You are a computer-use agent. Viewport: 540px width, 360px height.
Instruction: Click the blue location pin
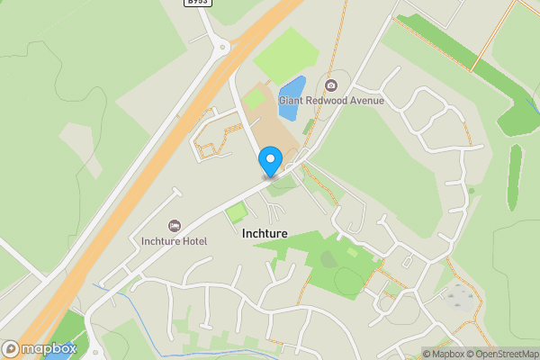tap(270, 162)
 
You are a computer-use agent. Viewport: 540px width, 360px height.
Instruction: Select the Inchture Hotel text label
tap(175, 241)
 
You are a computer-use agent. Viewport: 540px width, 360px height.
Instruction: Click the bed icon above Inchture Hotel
tap(175, 225)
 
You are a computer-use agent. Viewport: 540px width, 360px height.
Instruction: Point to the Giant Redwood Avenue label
tap(331, 101)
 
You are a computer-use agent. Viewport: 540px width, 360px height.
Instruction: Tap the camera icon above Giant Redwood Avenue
tap(331, 85)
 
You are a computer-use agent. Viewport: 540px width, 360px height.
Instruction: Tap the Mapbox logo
tap(40, 348)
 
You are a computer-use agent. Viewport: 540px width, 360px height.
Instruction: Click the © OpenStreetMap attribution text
tap(500, 353)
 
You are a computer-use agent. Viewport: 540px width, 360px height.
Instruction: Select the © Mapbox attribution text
tap(442, 353)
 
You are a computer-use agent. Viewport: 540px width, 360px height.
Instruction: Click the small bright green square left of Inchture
tap(236, 213)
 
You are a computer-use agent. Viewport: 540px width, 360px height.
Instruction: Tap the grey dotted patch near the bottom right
tap(460, 298)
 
